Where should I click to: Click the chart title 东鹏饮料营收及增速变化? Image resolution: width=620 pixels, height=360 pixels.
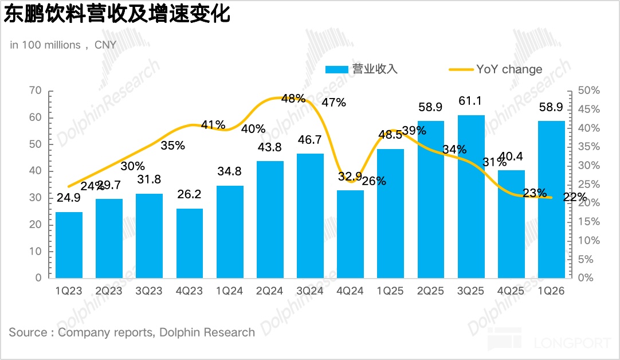tap(117, 14)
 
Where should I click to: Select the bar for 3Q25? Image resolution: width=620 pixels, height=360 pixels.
tap(470, 197)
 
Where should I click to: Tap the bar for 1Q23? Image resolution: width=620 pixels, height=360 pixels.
tap(69, 245)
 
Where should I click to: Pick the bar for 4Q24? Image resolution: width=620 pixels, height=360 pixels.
tap(350, 234)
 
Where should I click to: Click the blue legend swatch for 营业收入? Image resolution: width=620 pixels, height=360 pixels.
tap(336, 69)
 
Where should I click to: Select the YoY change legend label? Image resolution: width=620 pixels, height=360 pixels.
tap(509, 69)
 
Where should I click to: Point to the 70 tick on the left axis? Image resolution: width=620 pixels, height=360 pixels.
tap(35, 91)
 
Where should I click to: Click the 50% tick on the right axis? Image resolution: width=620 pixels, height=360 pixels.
tap(588, 91)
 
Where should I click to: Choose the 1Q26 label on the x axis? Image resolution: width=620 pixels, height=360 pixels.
tap(551, 291)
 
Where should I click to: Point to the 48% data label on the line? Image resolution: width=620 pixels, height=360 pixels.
tap(293, 99)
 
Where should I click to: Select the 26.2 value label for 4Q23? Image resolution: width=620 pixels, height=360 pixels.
tap(190, 195)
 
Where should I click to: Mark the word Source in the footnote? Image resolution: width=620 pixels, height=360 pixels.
tap(28, 332)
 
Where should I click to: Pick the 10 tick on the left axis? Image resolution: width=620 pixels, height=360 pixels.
tap(35, 251)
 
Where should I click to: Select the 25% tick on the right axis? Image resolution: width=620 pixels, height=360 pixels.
tap(588, 184)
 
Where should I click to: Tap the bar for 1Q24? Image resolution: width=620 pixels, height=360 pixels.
tap(230, 232)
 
